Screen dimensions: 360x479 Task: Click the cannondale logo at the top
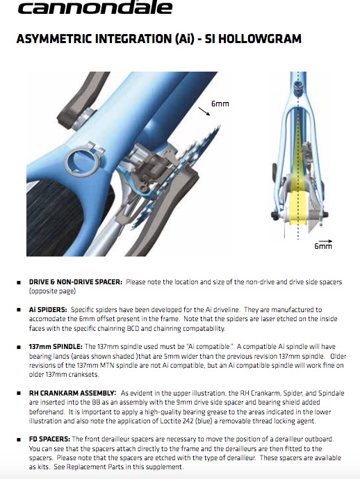click(95, 8)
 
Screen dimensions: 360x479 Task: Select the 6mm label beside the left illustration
click(220, 104)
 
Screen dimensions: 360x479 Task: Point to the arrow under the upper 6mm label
click(204, 111)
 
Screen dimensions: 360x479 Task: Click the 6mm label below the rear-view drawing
click(323, 246)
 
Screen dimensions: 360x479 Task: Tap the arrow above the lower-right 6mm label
click(325, 241)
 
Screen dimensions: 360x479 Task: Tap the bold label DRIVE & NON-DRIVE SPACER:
click(76, 282)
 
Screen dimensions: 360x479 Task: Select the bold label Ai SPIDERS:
click(48, 310)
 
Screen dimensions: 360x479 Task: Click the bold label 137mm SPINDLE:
click(56, 347)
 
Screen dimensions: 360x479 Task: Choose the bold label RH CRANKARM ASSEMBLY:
click(72, 393)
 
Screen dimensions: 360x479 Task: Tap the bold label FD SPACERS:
click(49, 439)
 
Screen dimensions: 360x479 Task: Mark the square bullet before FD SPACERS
click(19, 440)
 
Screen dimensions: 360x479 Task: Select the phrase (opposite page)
click(52, 291)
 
